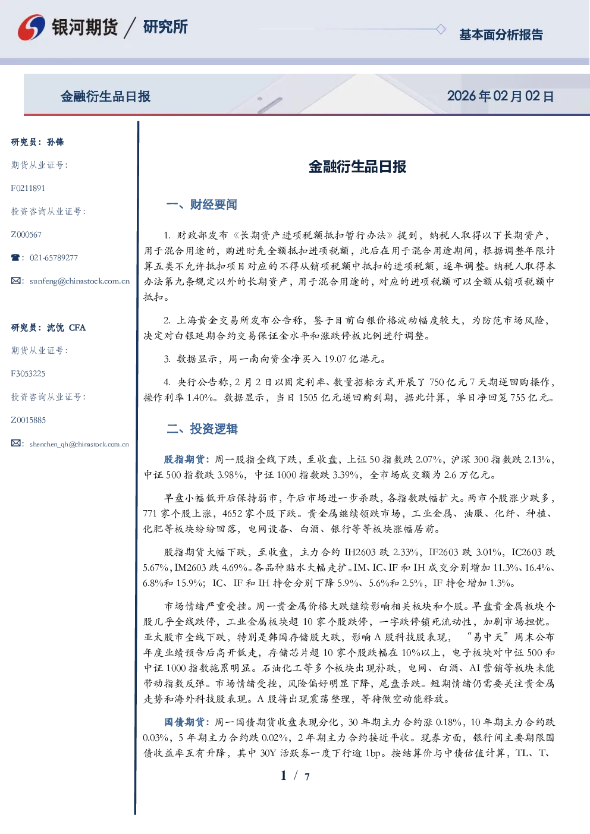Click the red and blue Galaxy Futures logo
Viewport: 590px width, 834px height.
[x=32, y=27]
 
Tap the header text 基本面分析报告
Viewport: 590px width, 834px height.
[x=501, y=34]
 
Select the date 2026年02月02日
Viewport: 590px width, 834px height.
[x=500, y=96]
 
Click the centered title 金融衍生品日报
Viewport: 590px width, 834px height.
[x=357, y=166]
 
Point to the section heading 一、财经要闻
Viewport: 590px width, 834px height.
[x=202, y=204]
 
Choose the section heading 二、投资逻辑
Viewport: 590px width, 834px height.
[x=202, y=429]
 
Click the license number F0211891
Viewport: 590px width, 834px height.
[x=28, y=188]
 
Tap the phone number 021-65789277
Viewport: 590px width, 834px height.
[x=54, y=257]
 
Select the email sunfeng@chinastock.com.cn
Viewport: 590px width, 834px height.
[x=80, y=281]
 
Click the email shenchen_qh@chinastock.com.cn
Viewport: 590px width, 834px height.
[x=79, y=444]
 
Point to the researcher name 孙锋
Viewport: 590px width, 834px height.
[x=55, y=142]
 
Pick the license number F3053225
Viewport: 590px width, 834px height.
[x=28, y=374]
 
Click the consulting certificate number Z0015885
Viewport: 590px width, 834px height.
[x=29, y=420]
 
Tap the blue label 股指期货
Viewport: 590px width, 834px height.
[x=184, y=460]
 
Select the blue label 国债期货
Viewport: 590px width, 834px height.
[x=184, y=722]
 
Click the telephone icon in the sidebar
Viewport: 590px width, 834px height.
[x=15, y=257]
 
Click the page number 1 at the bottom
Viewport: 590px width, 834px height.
[x=284, y=776]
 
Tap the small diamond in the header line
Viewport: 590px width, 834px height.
[x=441, y=29]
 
